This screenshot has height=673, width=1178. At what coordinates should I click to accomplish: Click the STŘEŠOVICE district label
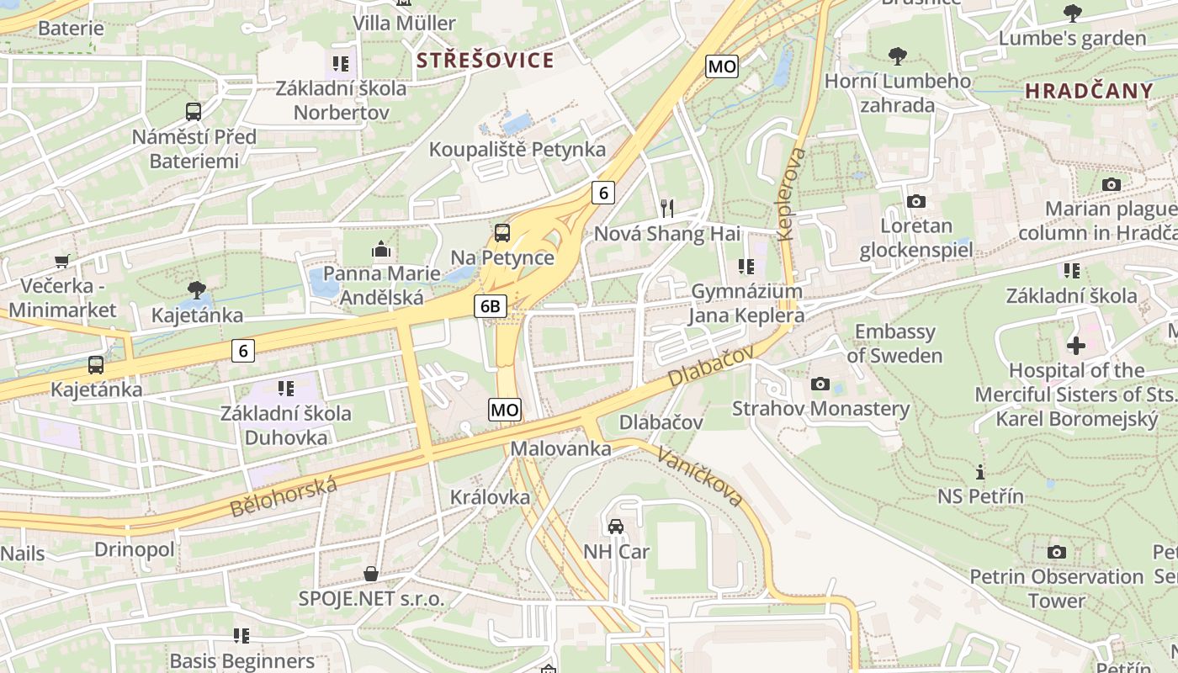[x=486, y=61]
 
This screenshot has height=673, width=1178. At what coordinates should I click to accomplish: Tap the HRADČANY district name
[x=1089, y=92]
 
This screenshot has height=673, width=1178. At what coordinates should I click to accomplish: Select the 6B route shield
[x=490, y=307]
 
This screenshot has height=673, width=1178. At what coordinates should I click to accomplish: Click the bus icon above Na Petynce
[x=502, y=233]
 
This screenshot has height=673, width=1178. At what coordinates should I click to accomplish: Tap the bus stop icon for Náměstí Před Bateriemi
[x=194, y=111]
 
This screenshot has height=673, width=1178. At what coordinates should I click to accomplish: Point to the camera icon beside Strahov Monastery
[x=820, y=384]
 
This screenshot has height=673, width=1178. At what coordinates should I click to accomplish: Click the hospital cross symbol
[x=1075, y=345]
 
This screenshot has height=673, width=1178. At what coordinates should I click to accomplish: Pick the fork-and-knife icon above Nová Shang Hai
[x=666, y=208]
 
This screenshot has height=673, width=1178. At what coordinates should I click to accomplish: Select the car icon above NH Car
[x=616, y=527]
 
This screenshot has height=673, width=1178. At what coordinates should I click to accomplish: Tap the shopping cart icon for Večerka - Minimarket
[x=61, y=262]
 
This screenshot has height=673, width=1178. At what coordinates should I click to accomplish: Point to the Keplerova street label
[x=792, y=194]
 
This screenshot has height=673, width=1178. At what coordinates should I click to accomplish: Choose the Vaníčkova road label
[x=699, y=476]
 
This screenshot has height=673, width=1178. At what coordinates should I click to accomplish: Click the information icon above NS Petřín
[x=979, y=472]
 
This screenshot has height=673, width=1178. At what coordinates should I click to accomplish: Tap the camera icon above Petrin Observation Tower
[x=1056, y=552]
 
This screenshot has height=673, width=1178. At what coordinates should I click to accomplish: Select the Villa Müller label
[x=404, y=24]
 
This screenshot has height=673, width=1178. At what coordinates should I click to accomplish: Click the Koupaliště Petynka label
[x=517, y=150]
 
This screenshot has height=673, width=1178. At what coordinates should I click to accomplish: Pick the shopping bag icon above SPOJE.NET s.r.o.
[x=370, y=575]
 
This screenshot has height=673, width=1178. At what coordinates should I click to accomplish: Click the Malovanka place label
[x=560, y=448]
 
